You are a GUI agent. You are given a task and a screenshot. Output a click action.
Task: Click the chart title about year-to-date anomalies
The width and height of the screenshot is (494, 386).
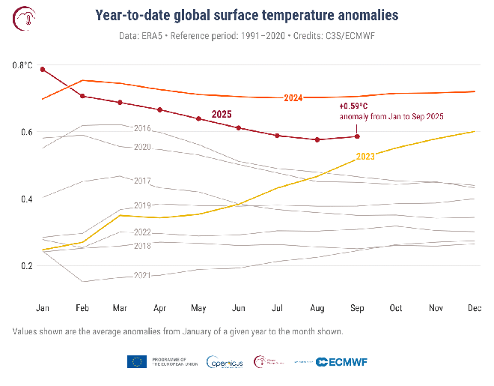tap(247, 15)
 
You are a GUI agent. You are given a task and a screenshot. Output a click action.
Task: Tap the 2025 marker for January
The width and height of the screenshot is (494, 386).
tap(43, 69)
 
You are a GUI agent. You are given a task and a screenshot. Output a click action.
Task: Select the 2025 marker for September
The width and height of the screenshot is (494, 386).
tap(357, 136)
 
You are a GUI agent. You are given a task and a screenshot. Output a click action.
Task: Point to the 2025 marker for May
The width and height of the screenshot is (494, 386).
tap(198, 118)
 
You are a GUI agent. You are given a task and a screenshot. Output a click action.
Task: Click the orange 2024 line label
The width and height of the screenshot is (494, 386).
tap(293, 98)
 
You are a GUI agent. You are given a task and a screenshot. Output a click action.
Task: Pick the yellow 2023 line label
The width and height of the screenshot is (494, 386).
tap(365, 157)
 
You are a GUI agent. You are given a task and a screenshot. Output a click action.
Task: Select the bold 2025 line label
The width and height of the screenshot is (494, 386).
tap(221, 113)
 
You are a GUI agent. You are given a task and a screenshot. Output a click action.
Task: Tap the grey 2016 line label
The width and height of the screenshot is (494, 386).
tap(141, 129)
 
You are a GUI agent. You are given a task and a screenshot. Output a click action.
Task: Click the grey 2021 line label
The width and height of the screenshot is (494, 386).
tap(141, 276)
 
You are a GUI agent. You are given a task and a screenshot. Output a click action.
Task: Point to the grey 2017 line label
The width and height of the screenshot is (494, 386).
tap(142, 181)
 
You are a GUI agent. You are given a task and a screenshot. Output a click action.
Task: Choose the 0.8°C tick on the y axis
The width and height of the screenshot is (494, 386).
tap(22, 66)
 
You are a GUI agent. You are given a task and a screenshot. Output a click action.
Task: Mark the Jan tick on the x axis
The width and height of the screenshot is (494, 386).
tap(43, 308)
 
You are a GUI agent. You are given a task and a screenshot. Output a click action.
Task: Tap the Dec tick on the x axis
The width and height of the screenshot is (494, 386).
tap(474, 308)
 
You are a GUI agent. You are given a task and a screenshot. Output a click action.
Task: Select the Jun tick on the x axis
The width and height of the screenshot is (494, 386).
tap(239, 308)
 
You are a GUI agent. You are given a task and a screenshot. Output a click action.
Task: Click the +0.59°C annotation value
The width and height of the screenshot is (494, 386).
tap(353, 106)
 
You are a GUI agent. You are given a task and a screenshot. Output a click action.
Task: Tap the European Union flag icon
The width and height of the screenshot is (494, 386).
tap(136, 362)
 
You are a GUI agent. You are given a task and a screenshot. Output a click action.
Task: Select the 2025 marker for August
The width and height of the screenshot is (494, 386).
tap(317, 139)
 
